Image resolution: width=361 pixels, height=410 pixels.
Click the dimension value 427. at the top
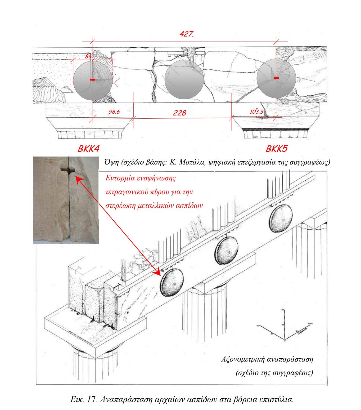click(x=187, y=34)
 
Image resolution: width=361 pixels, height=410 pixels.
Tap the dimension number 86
click(x=88, y=56)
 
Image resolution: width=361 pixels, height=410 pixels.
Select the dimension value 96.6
click(x=114, y=112)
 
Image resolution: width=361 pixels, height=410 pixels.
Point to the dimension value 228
click(x=179, y=113)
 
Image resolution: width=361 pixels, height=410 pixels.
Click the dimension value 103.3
click(x=256, y=112)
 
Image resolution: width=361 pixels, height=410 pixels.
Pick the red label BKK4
click(x=88, y=149)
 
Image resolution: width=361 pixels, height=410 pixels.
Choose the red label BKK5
click(x=276, y=149)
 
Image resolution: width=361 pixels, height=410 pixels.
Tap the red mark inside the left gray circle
click(x=92, y=79)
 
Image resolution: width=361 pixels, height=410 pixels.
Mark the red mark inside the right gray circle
click(x=276, y=78)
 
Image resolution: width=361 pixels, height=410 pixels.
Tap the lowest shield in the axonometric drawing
click(x=172, y=283)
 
